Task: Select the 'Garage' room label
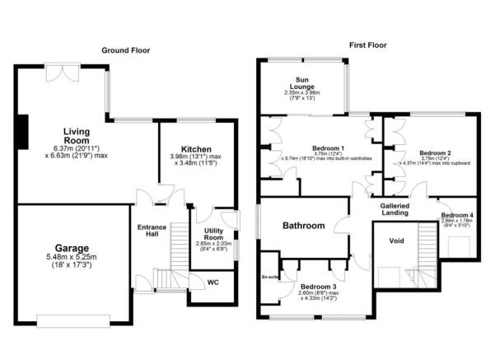pyautogui.click(x=72, y=248)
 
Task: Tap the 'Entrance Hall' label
pyautogui.click(x=152, y=232)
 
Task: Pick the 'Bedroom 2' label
pyautogui.click(x=435, y=153)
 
